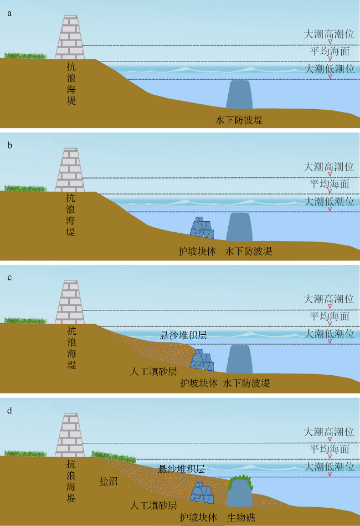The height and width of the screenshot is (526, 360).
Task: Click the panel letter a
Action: pyautogui.click(x=9, y=13)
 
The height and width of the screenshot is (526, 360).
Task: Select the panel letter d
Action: pyautogui.click(x=9, y=410)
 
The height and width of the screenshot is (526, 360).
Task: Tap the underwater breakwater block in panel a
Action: pyautogui.click(x=239, y=94)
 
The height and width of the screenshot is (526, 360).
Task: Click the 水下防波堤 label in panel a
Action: pyautogui.click(x=239, y=120)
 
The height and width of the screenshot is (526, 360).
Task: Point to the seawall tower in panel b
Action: pyautogui.click(x=70, y=170)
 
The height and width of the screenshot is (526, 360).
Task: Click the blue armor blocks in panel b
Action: pyautogui.click(x=202, y=228)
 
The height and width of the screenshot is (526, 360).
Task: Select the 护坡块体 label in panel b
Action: pyautogui.click(x=197, y=251)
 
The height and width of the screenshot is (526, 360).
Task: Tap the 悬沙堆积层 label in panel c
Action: pyautogui.click(x=183, y=335)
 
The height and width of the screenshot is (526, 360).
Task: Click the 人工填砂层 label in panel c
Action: pyautogui.click(x=153, y=371)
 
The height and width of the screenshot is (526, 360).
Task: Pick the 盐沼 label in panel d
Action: pyautogui.click(x=108, y=482)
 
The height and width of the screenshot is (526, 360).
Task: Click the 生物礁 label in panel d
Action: pyautogui.click(x=241, y=517)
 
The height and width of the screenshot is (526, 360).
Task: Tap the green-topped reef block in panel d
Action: pyautogui.click(x=239, y=491)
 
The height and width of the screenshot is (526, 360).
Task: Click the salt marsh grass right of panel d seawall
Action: pyautogui.click(x=114, y=457)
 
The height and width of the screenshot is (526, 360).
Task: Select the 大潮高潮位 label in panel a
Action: pyautogui.click(x=329, y=34)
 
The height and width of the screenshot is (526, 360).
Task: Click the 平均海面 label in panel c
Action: pyautogui.click(x=330, y=316)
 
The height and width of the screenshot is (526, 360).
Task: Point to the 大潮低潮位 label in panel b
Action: pyautogui.click(x=329, y=201)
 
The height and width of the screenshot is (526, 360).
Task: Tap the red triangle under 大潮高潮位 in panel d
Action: pyautogui.click(x=330, y=439)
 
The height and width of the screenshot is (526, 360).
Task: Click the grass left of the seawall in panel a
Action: pyautogui.click(x=25, y=55)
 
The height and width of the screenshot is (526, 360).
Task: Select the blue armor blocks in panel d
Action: pyautogui.click(x=202, y=493)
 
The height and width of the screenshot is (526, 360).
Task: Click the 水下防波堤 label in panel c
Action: pyautogui.click(x=246, y=383)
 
